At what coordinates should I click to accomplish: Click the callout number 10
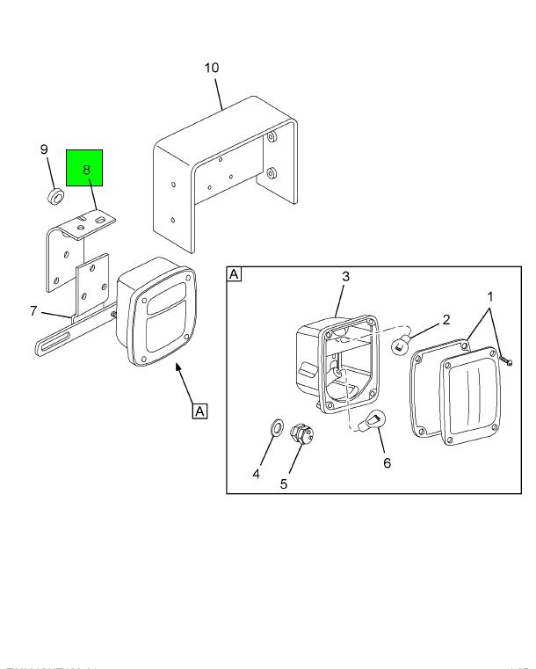click(212, 69)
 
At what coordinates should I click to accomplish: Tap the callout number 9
click(44, 149)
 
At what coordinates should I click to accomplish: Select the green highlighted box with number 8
click(85, 167)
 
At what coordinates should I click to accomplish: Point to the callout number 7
click(33, 310)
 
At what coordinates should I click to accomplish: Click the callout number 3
click(345, 277)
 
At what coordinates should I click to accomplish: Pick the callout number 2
click(446, 319)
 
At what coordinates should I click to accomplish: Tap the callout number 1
click(489, 297)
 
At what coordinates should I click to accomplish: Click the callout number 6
click(387, 462)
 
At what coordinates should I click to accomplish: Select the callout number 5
click(284, 484)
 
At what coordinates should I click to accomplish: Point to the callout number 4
click(257, 474)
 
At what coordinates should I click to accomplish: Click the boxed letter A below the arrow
click(200, 411)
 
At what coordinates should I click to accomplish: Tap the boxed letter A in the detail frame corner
click(235, 274)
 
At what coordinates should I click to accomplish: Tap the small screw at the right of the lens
click(507, 360)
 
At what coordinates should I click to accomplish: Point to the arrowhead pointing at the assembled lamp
click(179, 370)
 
